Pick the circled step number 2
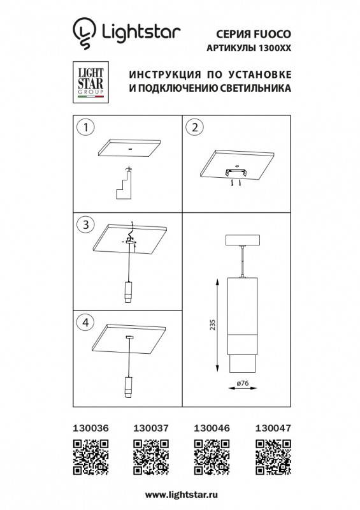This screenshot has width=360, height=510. [193, 127]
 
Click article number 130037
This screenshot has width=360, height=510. [148, 429]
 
